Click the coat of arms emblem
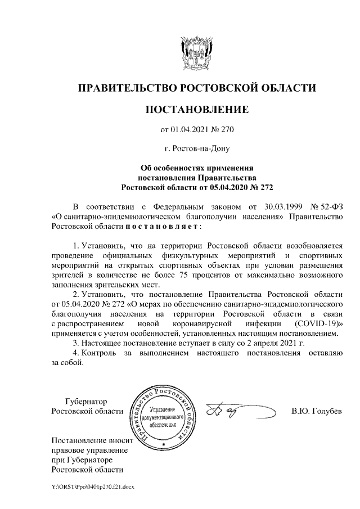(197, 52)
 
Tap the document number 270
(226, 130)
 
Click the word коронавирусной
(202, 323)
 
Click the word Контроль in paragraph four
(101, 352)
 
